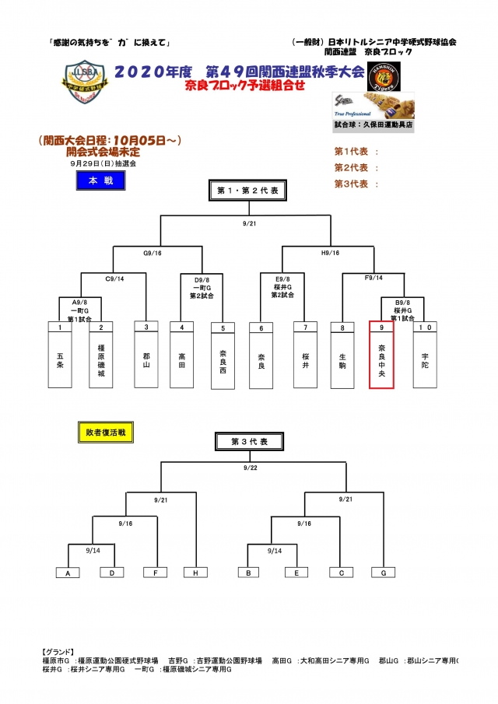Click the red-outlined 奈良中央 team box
(x=382, y=354)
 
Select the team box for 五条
(x=60, y=354)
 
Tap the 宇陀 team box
(x=425, y=354)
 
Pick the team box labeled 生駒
(x=343, y=354)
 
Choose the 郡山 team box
(x=146, y=354)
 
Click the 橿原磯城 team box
(x=100, y=354)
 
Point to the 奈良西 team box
(x=223, y=355)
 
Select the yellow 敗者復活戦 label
(x=103, y=431)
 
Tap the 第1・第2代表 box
(x=249, y=190)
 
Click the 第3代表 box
(x=249, y=441)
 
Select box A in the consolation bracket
(x=68, y=573)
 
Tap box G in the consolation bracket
(x=384, y=573)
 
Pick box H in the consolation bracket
(x=195, y=573)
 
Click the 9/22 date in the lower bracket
(x=250, y=468)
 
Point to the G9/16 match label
(x=153, y=252)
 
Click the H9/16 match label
(x=330, y=252)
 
